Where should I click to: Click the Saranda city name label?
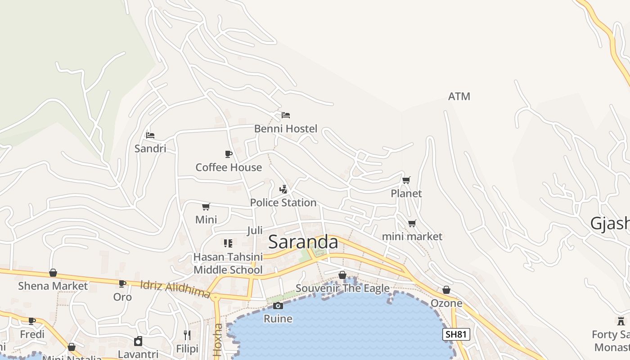click(x=303, y=242)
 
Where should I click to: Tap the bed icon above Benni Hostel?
click(x=286, y=115)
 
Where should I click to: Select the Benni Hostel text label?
click(x=286, y=129)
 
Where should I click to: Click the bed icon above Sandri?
click(x=150, y=135)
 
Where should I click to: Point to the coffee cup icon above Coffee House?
click(x=229, y=154)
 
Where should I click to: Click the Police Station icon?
click(x=283, y=189)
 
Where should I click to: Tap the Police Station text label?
click(x=283, y=202)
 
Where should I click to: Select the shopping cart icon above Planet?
click(x=406, y=180)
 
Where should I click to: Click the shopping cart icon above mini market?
click(x=412, y=223)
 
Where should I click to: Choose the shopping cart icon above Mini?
click(x=206, y=207)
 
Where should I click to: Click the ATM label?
click(x=459, y=96)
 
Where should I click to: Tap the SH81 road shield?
click(x=456, y=334)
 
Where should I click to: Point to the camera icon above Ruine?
click(x=278, y=306)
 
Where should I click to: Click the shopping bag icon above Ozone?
click(x=446, y=290)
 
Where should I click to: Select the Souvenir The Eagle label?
click(x=342, y=288)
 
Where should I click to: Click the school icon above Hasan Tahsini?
click(x=228, y=243)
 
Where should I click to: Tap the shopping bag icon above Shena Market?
click(x=53, y=273)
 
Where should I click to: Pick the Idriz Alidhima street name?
click(x=175, y=289)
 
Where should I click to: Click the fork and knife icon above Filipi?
click(x=187, y=335)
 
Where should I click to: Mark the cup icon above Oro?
click(x=122, y=284)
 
